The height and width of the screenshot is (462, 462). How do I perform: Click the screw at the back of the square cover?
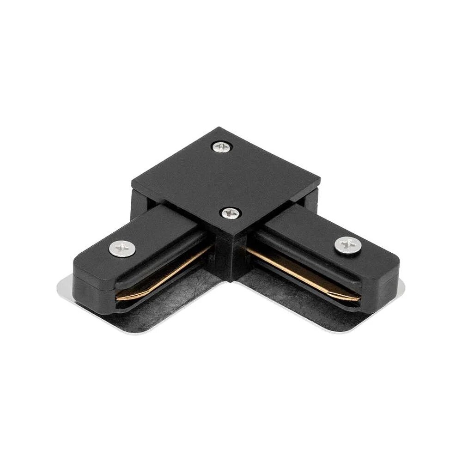point(222,147)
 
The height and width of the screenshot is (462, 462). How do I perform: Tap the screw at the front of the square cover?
point(230,213)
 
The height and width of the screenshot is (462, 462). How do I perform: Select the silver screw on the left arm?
point(123,249)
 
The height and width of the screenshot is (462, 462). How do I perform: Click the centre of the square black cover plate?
point(226,180)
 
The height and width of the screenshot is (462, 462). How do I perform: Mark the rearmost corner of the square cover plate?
point(216,128)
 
